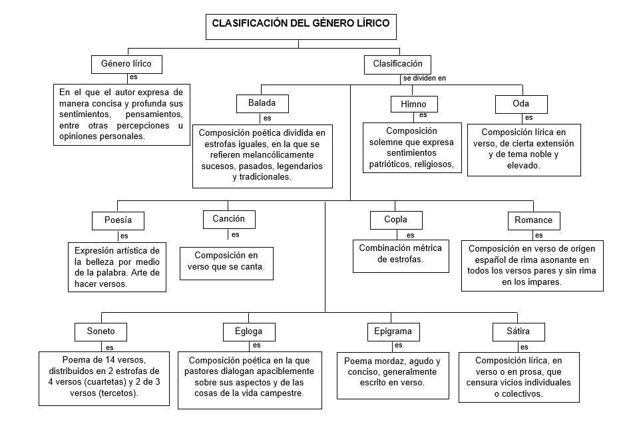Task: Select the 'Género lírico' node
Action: coord(126,65)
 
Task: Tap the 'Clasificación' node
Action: coord(397,64)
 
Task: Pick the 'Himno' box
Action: coord(413,105)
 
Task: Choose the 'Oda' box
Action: coord(521,105)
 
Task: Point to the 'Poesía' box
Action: coord(118,220)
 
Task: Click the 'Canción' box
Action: coord(228,219)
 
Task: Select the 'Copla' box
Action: coord(395,220)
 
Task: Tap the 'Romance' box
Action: coord(533,220)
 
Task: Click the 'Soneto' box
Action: coord(101,331)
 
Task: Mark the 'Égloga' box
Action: coord(248,331)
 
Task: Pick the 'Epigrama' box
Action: coord(393,331)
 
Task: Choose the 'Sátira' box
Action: coord(519,331)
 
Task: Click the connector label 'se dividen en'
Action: coord(424,78)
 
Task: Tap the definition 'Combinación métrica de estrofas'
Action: coord(400,254)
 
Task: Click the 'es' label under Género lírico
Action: coord(134,77)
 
